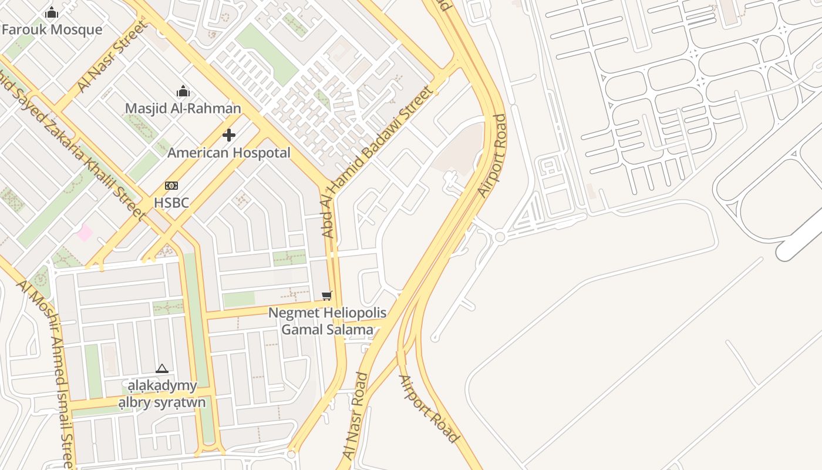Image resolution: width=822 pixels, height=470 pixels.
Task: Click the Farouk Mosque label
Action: (x=52, y=29)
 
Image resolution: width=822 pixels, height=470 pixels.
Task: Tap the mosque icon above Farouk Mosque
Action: (x=52, y=12)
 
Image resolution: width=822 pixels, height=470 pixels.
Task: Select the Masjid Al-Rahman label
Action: (x=183, y=108)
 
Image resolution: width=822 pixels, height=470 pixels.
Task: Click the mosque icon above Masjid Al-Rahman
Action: (x=183, y=91)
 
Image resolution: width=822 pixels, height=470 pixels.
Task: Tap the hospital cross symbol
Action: (x=229, y=136)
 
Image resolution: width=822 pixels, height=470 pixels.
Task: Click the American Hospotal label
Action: (x=229, y=153)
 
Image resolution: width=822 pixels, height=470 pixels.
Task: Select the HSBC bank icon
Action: (x=171, y=186)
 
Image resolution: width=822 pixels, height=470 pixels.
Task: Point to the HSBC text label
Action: (x=171, y=203)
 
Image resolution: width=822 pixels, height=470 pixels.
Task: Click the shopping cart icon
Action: (x=327, y=296)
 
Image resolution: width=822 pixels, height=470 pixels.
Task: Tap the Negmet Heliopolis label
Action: (x=327, y=313)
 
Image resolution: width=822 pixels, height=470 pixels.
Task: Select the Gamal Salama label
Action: (x=327, y=329)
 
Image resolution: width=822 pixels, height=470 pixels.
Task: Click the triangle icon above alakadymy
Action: (x=162, y=369)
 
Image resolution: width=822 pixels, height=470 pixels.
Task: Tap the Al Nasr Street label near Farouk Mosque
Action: (x=112, y=57)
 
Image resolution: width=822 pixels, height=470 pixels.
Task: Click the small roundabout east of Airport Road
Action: (x=500, y=237)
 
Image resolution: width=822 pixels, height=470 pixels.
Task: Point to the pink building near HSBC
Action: (x=85, y=232)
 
